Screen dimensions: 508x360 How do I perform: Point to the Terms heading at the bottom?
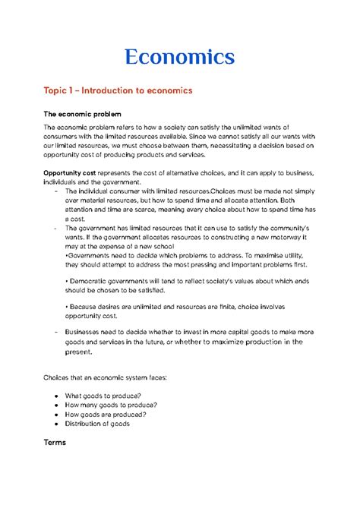54,441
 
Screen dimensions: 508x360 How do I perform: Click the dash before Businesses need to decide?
48,332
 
